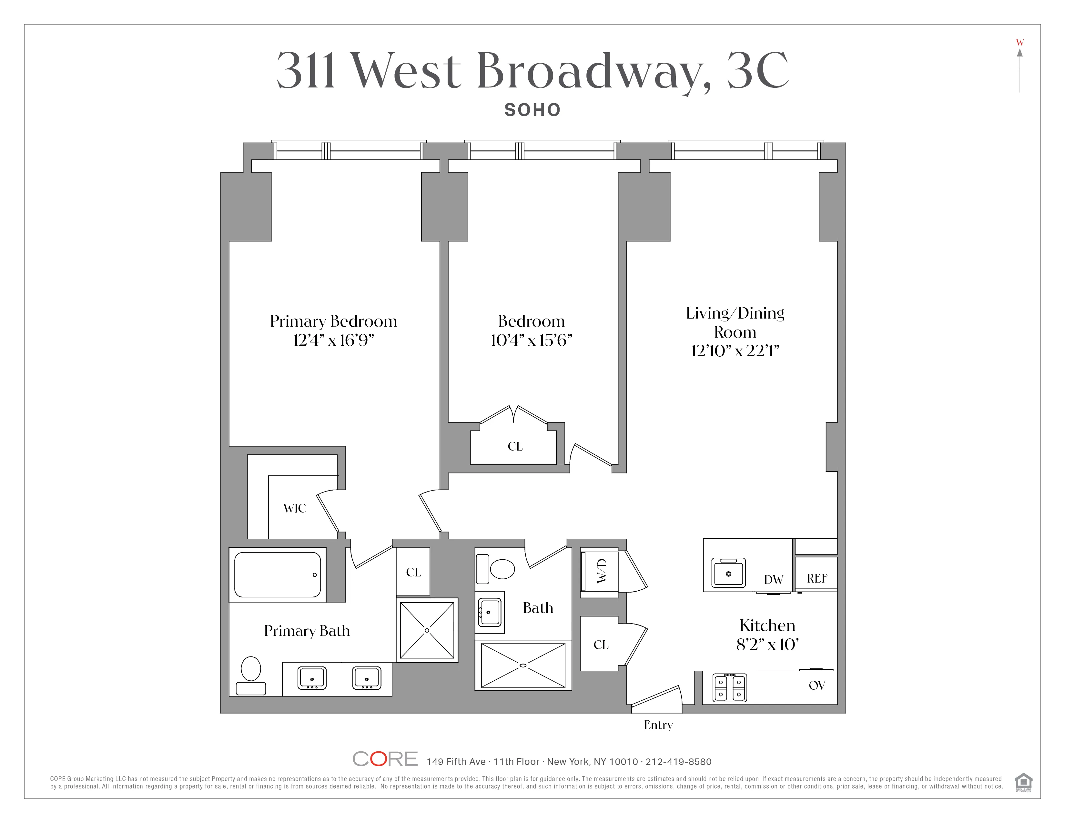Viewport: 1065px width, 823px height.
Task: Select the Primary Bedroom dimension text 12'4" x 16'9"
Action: pos(334,340)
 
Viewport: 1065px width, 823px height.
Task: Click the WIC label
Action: pos(295,509)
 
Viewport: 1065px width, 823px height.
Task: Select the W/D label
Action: pos(602,571)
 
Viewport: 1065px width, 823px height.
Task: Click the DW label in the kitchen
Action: pos(773,580)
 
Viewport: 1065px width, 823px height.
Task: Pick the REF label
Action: pos(817,578)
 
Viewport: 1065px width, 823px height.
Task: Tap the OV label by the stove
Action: pos(817,686)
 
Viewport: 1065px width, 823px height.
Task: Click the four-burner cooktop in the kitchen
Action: pos(729,687)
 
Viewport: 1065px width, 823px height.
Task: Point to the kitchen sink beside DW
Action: pos(728,574)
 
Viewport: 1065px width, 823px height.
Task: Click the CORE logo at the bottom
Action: pos(385,759)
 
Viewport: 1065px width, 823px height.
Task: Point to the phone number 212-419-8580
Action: pos(678,762)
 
